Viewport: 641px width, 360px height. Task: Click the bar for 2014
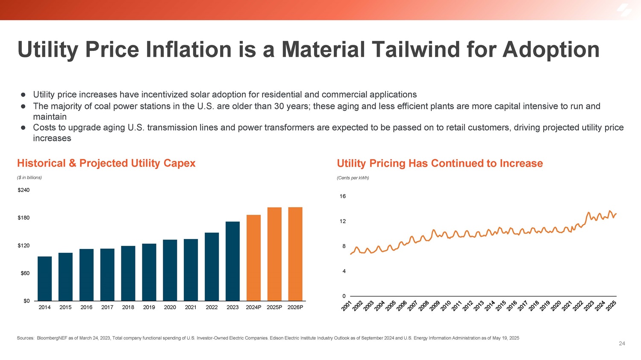pos(45,278)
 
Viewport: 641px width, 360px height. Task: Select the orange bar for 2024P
pos(253,258)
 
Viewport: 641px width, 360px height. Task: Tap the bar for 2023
pos(232,261)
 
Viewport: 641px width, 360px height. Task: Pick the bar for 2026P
pos(295,254)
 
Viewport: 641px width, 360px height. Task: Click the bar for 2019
pos(149,272)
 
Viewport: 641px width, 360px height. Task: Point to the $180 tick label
pos(24,218)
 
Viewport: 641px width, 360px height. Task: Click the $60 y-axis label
pos(25,273)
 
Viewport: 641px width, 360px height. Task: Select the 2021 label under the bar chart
pos(191,307)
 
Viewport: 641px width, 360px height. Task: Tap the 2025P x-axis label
pos(274,307)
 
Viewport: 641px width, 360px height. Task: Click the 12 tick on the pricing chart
pos(343,221)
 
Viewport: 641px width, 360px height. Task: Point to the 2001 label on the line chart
pos(347,306)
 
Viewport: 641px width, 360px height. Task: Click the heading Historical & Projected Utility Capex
pos(106,163)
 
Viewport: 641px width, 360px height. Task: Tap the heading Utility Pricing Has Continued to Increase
pos(440,163)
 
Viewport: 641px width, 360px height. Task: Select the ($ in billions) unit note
pos(29,178)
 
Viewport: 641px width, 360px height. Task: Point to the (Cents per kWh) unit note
pos(353,178)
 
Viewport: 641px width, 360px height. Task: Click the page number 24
pos(622,343)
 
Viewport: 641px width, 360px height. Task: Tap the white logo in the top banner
pos(624,10)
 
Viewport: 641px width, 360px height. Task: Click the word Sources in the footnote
pos(25,338)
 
